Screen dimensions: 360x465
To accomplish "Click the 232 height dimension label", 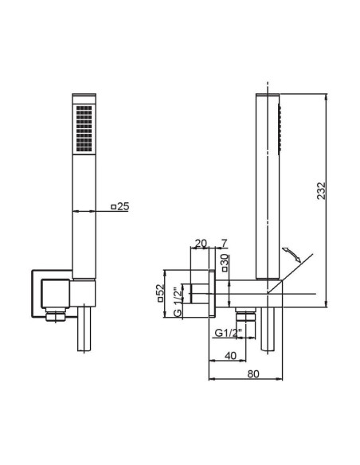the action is coord(321,190).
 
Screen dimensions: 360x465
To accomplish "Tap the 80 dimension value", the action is coord(253,374).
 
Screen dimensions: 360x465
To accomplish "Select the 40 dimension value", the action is coord(230,355).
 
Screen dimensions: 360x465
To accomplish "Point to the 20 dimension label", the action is coord(201,243).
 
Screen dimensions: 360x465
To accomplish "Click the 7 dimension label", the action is coord(224,243).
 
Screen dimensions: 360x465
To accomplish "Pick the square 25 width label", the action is coord(120,206).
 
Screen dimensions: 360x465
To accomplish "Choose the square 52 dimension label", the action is coord(160,293).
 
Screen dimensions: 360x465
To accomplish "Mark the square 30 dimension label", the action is coord(225,263).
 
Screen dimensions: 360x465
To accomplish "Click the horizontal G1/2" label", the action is coord(229,333).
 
